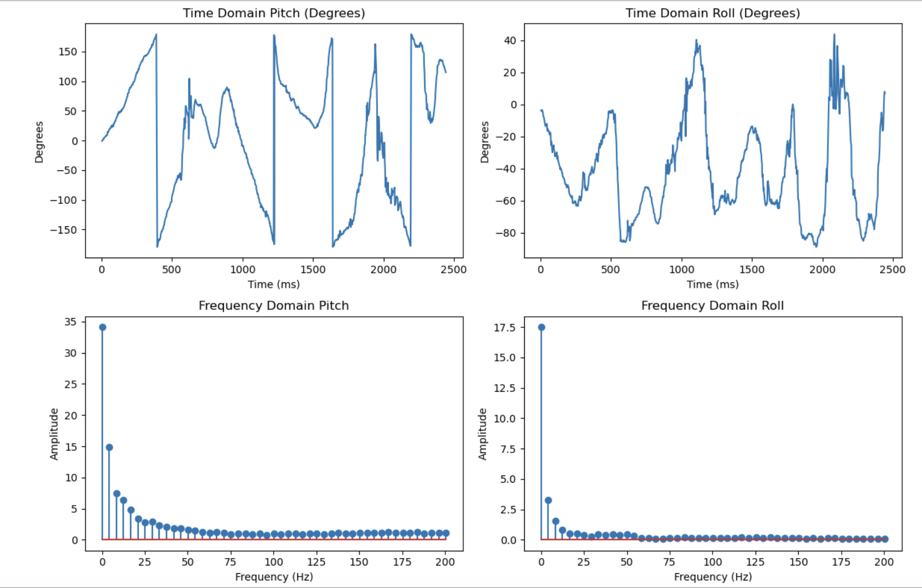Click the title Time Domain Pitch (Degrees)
[x=274, y=13]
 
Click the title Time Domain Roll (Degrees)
[x=713, y=13]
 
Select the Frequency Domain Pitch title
[x=274, y=306]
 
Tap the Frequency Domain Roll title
[x=713, y=306]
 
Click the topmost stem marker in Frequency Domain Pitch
[x=102, y=327]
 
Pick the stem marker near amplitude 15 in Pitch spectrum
[x=109, y=447]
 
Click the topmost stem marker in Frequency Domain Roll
[x=541, y=327]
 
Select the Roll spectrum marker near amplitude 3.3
[x=548, y=500]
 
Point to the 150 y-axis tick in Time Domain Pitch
[x=68, y=52]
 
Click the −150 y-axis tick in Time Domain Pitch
[x=63, y=230]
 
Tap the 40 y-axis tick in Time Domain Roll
[x=510, y=41]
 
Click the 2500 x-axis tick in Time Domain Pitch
[x=454, y=269]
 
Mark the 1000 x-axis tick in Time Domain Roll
[x=682, y=269]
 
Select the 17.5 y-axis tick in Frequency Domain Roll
[x=504, y=328]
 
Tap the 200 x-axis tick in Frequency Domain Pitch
[x=445, y=562]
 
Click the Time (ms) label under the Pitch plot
[x=274, y=284]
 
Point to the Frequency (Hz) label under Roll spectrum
[x=713, y=577]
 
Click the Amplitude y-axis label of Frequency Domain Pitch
[x=54, y=434]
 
